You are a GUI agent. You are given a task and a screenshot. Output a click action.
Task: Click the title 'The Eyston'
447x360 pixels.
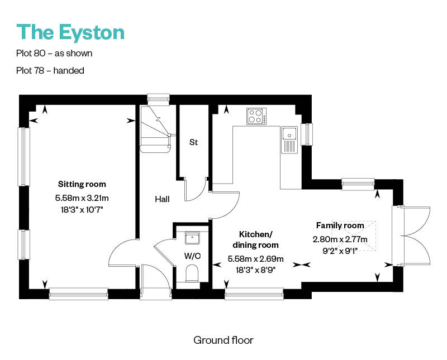click(x=70, y=33)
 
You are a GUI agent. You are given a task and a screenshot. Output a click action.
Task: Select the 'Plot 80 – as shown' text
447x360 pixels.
click(x=54, y=53)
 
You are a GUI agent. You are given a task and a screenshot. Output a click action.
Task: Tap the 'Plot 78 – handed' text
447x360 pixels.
click(x=50, y=70)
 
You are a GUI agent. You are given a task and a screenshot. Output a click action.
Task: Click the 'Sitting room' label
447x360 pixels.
click(x=82, y=184)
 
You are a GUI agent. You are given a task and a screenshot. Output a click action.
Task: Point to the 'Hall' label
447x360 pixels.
click(x=162, y=199)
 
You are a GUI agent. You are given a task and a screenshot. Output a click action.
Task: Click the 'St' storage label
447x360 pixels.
click(x=193, y=142)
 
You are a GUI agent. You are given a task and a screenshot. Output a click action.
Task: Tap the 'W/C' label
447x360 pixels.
click(x=192, y=256)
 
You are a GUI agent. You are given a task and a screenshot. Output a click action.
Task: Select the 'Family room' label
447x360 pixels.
click(x=340, y=225)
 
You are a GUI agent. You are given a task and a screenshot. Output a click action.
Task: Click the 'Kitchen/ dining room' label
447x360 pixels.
click(x=255, y=239)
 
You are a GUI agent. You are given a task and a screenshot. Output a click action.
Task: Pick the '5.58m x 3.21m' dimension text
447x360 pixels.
click(x=82, y=198)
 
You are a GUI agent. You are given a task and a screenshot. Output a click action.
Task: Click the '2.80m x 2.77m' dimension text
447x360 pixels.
click(x=340, y=239)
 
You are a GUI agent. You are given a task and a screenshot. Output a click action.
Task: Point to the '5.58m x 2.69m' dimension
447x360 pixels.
click(x=255, y=258)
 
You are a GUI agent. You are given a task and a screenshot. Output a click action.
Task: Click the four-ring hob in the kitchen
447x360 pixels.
click(x=256, y=116)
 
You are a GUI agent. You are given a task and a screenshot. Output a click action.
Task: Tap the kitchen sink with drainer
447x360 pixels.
click(x=289, y=140)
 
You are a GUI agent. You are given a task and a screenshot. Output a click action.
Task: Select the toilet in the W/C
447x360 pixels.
click(x=192, y=273)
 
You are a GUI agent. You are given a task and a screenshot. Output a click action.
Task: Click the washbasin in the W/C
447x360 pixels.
click(x=192, y=238)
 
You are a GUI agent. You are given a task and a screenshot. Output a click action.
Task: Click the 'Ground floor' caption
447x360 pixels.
click(x=223, y=340)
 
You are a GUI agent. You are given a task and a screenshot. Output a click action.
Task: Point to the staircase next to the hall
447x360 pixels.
click(x=155, y=129)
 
